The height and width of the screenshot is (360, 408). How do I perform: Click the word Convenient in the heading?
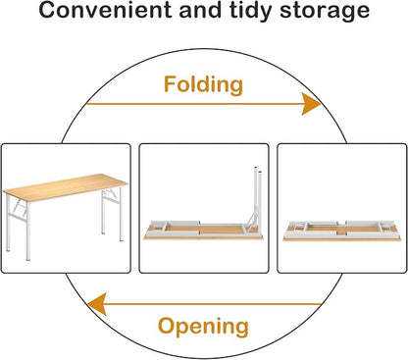pos(106,10)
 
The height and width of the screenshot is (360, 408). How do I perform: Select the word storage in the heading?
pos(325,12)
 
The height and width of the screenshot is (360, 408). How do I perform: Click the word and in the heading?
pos(202,10)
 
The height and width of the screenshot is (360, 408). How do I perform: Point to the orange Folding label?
pos(203,85)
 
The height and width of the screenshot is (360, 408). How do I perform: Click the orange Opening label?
pos(203,327)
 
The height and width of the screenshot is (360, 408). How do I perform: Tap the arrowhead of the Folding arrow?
pos(311,104)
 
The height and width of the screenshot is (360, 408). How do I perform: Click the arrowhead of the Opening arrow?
pos(97,304)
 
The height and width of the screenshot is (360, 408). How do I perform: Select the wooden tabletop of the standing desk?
pos(65,187)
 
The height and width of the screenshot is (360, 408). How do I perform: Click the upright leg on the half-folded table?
pos(258,196)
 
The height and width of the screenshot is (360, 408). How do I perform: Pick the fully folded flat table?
pos(342,231)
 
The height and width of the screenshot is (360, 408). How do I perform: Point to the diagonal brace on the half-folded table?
pos(251,220)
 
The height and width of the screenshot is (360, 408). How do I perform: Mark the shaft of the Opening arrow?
pos(213,304)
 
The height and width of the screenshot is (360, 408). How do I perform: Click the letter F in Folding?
pos(171,83)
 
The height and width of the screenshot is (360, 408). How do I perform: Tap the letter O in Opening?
pos(167,326)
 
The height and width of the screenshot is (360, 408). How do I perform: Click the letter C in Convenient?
pos(47,10)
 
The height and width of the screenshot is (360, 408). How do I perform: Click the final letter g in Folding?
pos(236,87)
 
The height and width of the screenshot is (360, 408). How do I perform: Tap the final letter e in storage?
pos(363,13)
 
